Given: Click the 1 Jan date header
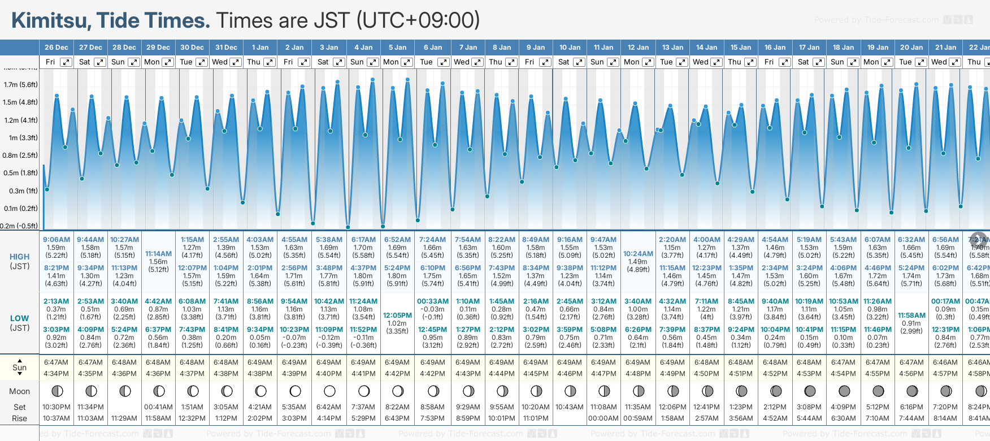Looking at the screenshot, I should pyautogui.click(x=260, y=47).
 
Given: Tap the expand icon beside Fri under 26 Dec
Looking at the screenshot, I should pyautogui.click(x=66, y=62).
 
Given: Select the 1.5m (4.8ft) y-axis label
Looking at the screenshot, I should pyautogui.click(x=20, y=102).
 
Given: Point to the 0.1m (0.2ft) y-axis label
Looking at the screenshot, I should pyautogui.click(x=20, y=209).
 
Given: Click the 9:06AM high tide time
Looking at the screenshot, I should pyautogui.click(x=57, y=240).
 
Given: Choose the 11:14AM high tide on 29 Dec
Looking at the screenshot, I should pyautogui.click(x=158, y=254).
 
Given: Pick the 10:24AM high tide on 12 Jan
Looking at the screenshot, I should pyautogui.click(x=638, y=254).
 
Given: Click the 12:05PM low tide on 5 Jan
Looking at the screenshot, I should pyautogui.click(x=397, y=315).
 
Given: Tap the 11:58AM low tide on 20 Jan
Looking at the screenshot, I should pyautogui.click(x=911, y=315).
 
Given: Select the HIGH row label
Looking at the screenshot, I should pyautogui.click(x=19, y=257).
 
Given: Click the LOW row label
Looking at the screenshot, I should pyautogui.click(x=19, y=318).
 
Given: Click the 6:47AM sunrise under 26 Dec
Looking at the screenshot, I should pyautogui.click(x=56, y=362).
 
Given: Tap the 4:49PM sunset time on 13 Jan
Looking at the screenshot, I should pyautogui.click(x=672, y=374).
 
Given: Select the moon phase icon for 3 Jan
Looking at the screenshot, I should pyautogui.click(x=329, y=391).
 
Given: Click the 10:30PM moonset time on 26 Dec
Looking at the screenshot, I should pyautogui.click(x=56, y=407).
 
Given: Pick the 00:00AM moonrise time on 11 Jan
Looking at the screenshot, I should pyautogui.click(x=603, y=418).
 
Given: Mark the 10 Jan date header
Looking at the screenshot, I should pyautogui.click(x=570, y=47).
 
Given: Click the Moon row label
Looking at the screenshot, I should pyautogui.click(x=19, y=391).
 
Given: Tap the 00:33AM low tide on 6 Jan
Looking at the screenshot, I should pyautogui.click(x=433, y=301).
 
